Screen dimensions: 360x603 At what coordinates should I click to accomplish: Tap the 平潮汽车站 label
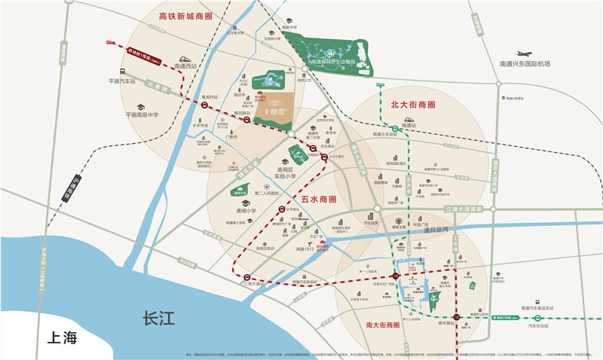coord(121,81)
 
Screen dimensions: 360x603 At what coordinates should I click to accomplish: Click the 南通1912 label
coord(309,249)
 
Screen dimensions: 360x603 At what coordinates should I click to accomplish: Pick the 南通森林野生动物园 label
coord(329,62)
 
